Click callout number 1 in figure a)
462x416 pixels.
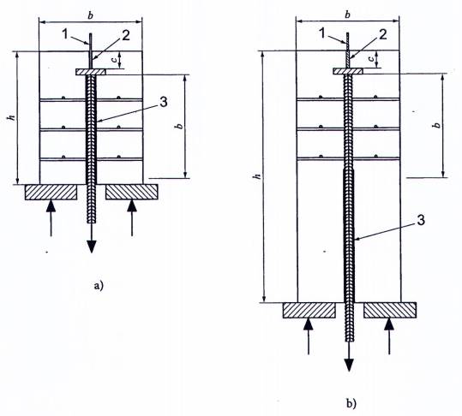pos(65,34)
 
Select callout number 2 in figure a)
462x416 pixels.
pos(125,36)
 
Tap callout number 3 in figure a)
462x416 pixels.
pos(163,102)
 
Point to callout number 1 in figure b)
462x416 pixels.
pos(323,33)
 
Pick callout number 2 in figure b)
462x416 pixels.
pos(383,34)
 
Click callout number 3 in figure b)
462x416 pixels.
pos(421,220)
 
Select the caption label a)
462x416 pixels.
pos(99,285)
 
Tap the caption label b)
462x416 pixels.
pos(351,403)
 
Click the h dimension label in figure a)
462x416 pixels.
pos(11,117)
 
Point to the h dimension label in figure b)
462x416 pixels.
pos(258,176)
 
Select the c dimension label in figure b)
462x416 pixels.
pos(372,58)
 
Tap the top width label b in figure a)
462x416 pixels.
pos(90,15)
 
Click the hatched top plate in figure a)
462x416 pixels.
pos(91,72)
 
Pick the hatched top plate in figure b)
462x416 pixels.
pos(348,71)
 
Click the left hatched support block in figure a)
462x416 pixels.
pos(51,192)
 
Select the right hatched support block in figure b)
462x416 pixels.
pos(390,310)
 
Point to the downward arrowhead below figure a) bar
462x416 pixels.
pos(92,247)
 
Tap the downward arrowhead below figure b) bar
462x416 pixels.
pos(350,365)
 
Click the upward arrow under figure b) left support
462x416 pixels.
pos(309,336)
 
